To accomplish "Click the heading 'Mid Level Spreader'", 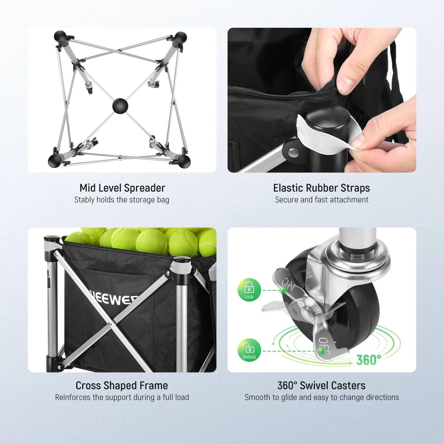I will (x=122, y=188).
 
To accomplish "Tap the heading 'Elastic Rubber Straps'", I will (x=321, y=188).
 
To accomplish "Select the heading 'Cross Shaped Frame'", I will (x=122, y=385).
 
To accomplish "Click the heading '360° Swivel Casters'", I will (x=321, y=385).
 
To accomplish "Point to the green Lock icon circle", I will (x=249, y=290).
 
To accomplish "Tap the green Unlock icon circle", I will (x=249, y=350).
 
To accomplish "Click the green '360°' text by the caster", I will (x=369, y=360).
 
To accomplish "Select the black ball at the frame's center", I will (x=120, y=106).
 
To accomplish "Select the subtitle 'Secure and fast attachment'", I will (x=321, y=200).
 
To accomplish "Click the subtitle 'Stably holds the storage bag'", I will (x=122, y=200).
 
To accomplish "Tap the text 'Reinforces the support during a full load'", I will (x=122, y=397).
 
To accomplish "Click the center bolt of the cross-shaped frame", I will (x=109, y=323).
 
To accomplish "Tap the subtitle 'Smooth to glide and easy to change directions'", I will (x=321, y=397).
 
